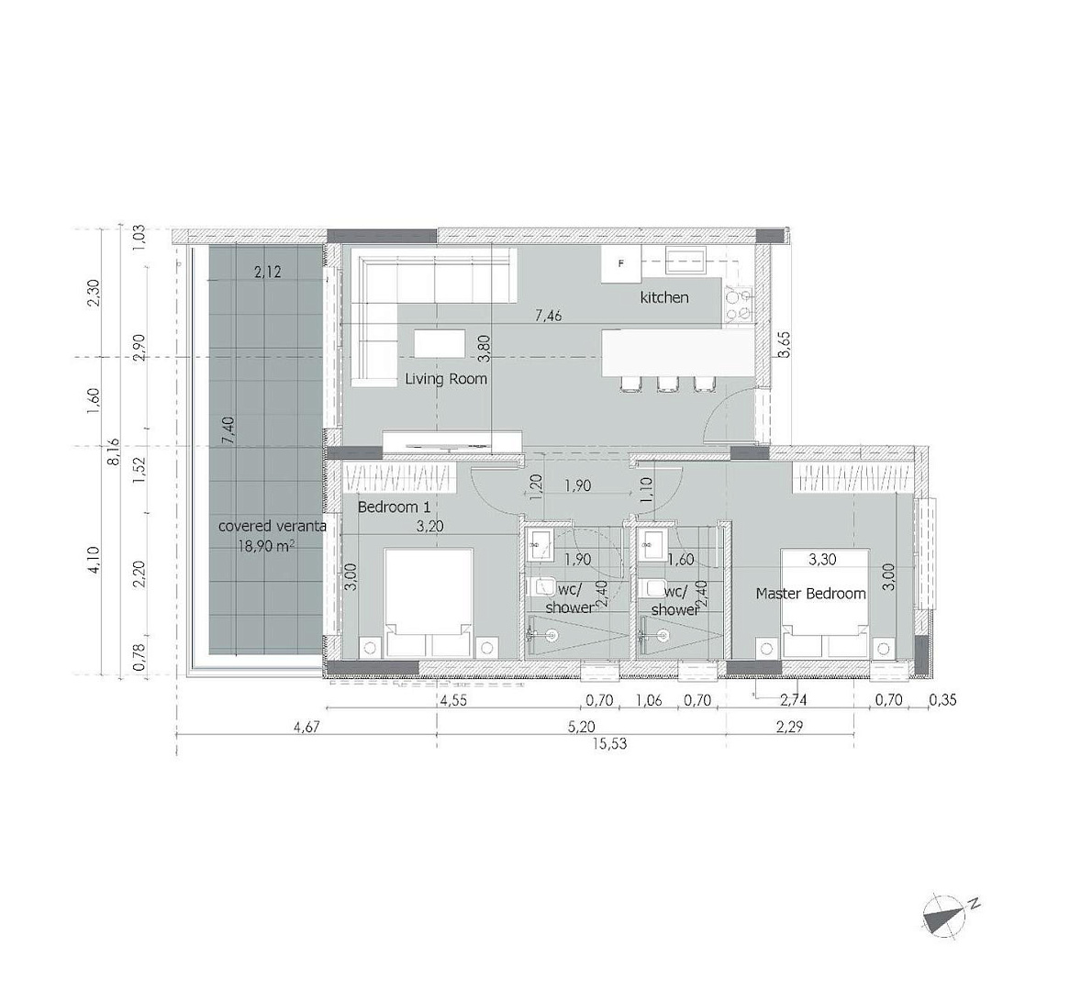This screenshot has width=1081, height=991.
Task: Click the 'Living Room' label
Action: point(446,378)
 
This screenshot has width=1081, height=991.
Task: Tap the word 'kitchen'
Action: point(664,297)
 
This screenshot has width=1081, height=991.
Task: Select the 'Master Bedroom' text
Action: point(811,594)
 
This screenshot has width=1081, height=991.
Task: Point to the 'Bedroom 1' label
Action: point(394,507)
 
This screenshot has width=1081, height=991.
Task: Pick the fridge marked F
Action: point(620,264)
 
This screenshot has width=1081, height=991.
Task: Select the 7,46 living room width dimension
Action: point(549,317)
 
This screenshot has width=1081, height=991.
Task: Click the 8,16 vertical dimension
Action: point(113,452)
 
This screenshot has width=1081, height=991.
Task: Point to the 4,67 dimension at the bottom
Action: point(306,727)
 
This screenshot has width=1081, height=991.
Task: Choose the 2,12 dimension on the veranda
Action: point(267,273)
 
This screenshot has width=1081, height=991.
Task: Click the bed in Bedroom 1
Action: point(429,602)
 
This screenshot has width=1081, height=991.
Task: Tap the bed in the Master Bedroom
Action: point(825,602)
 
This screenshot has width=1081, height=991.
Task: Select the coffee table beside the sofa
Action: point(440,342)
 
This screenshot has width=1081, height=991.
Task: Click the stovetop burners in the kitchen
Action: point(739,305)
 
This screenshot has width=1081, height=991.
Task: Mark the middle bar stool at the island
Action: point(666,384)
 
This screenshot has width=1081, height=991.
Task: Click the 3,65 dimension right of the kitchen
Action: point(783,345)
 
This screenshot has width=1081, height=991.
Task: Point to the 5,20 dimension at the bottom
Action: point(581,727)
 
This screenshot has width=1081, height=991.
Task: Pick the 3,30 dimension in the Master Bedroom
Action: point(822,560)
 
